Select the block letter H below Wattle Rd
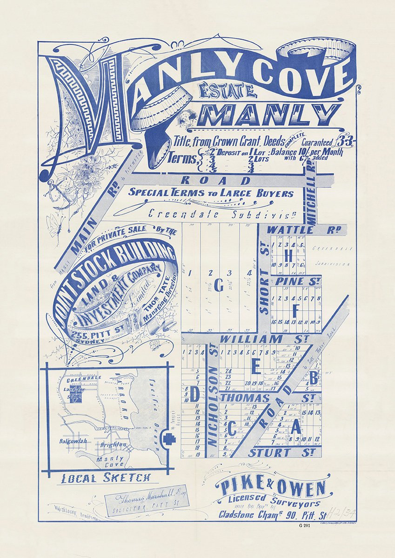click(x=288, y=256)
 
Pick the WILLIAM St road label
click(x=250, y=339)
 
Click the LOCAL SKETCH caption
click(x=107, y=478)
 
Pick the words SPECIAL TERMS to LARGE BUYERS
click(x=211, y=193)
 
